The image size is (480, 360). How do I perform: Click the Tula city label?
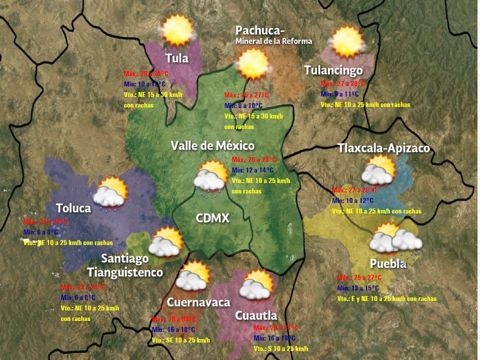177,58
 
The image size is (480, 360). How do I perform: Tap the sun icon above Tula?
177,30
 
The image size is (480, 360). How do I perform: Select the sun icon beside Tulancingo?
346,41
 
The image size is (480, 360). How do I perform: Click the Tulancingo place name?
333,70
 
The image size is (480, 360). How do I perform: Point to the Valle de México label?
212,145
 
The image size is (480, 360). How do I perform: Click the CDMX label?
212,218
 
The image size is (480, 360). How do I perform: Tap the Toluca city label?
73,208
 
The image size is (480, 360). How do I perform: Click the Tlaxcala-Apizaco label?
383,148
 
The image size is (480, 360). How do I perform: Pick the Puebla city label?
387,264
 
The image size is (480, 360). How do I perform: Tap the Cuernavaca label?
198,302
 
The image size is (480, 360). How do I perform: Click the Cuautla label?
256,315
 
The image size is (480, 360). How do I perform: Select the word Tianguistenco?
125,272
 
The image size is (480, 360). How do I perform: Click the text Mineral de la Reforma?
273,41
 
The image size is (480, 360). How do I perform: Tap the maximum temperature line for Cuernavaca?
173,319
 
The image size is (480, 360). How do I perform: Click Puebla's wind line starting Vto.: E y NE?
386,298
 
